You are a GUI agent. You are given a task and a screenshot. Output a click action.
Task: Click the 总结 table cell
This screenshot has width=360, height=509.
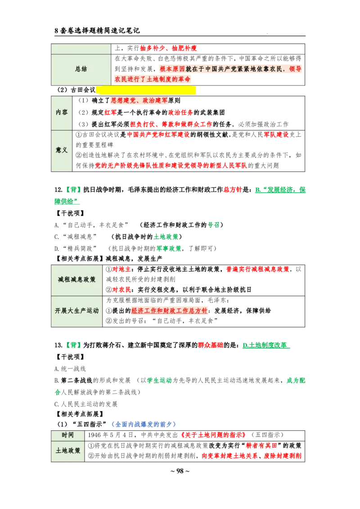click(x=81, y=69)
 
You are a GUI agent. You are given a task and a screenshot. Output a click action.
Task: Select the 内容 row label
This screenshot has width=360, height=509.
click(x=62, y=112)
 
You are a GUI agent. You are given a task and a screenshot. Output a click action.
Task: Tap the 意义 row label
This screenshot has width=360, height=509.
click(x=62, y=150)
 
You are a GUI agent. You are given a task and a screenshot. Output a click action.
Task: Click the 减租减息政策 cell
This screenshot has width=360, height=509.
click(x=77, y=280)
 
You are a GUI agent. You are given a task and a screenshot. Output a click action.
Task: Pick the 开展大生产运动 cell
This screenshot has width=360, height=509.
click(x=77, y=311)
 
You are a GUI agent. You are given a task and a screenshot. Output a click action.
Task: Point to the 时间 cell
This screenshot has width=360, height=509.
click(x=67, y=435)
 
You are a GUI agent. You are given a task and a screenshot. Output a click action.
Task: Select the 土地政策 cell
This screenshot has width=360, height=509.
click(x=67, y=451)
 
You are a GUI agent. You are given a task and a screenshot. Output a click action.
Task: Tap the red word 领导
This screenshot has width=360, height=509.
click(x=296, y=69)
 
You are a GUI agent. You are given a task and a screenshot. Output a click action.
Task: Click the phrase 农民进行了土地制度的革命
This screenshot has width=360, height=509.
click(x=153, y=79)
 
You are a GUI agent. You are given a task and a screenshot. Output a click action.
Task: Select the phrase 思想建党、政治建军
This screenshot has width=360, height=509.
click(x=139, y=101)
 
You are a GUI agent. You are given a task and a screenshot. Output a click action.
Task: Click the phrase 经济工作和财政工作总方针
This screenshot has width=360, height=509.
click(x=169, y=311)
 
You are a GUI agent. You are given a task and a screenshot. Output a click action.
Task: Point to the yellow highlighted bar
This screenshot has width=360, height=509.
click(x=146, y=90)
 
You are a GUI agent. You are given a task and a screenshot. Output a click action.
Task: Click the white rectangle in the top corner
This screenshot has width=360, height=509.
click(x=279, y=27)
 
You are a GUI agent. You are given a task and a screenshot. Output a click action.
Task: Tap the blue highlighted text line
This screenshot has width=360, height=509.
click(x=144, y=424)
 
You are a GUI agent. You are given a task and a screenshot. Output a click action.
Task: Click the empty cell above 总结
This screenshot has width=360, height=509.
click(x=81, y=49)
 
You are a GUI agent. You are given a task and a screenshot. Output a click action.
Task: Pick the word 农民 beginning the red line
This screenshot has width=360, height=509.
click(x=120, y=79)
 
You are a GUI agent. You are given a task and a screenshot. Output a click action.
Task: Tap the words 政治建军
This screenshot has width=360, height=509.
click(x=156, y=101)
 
